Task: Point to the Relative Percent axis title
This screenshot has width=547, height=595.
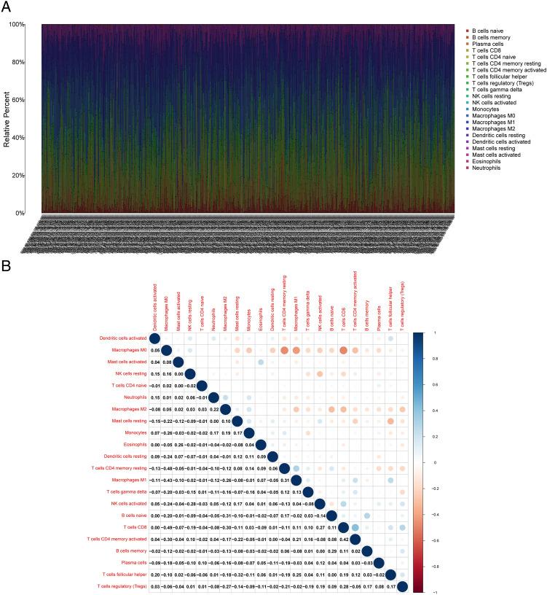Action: [9, 119]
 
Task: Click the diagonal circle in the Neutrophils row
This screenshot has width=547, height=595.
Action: [213, 397]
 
